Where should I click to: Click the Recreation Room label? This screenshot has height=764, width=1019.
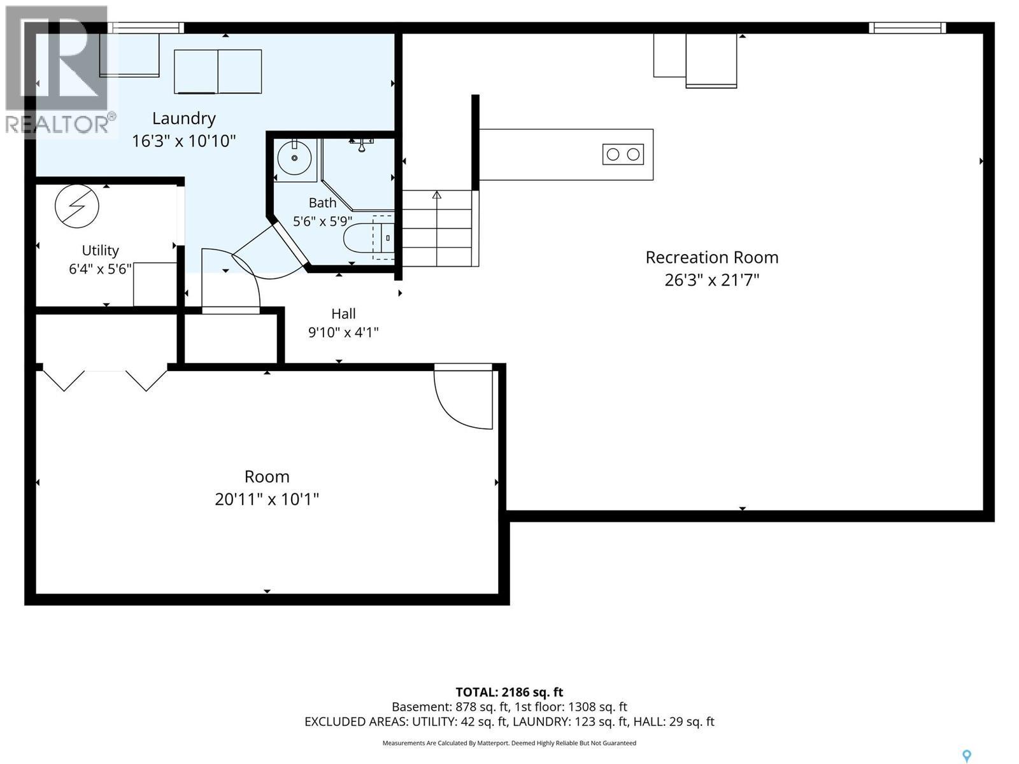711,257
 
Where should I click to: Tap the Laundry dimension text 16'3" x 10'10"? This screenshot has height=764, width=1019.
184,141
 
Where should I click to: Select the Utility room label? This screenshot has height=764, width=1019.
100,250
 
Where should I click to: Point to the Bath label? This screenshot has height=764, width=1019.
323,202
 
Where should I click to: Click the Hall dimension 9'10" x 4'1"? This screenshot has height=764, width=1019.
343,332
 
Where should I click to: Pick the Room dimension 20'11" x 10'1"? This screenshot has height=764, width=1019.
267,499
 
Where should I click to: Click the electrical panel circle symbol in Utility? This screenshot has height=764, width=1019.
77,206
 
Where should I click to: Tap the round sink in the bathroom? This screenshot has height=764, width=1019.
295,158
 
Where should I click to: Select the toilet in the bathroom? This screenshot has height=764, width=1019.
369,238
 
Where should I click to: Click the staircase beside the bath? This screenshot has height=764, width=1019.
437,228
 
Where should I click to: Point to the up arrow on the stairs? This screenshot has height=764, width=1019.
437,195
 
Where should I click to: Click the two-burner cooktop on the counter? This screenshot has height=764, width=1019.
623,155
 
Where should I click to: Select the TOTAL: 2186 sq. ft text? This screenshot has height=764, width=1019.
509,692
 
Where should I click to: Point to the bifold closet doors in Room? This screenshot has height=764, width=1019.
105,379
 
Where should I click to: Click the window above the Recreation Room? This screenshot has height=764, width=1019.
908,28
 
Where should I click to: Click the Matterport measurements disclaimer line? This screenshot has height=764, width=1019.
509,742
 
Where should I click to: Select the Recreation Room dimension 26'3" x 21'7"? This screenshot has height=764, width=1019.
711,280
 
